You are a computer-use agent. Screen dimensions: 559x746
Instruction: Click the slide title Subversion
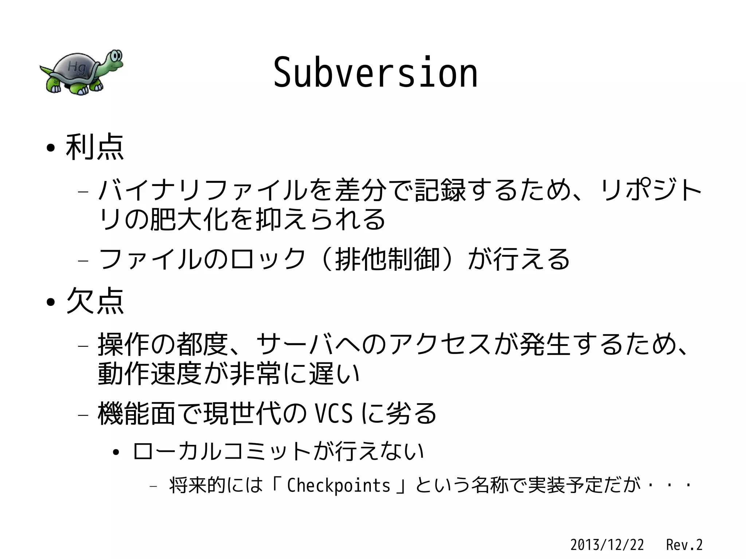click(375, 73)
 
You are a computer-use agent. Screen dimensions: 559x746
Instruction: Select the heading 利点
click(95, 147)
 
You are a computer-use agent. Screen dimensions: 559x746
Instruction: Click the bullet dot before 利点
click(51, 149)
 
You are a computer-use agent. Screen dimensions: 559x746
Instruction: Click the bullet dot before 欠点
click(51, 302)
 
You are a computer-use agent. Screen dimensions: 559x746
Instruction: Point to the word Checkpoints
click(338, 485)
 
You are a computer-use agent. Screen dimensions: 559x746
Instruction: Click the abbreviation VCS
click(334, 414)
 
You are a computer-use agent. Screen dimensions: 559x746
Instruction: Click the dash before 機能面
click(83, 415)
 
